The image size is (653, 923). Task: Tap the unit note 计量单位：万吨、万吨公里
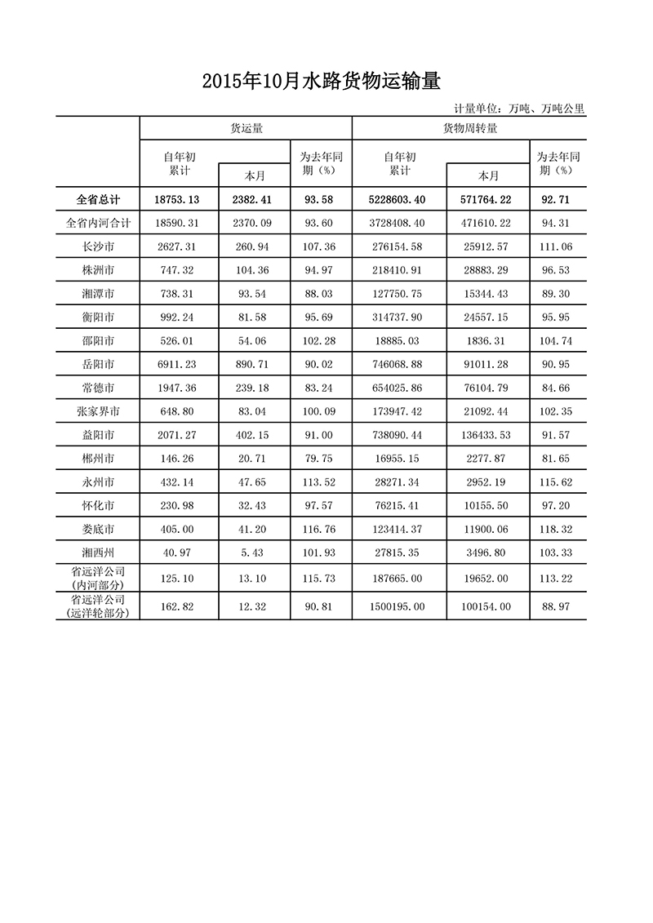[x=519, y=108]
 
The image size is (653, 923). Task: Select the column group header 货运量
[x=246, y=128]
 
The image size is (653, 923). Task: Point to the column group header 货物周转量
[x=469, y=128]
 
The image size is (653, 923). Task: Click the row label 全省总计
[x=98, y=199]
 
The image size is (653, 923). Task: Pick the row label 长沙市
[x=98, y=246]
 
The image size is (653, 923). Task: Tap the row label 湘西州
[x=98, y=553]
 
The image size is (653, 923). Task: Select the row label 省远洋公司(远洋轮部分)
[x=98, y=605]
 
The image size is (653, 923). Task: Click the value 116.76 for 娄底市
[x=321, y=530]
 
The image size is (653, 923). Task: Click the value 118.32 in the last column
[x=558, y=530]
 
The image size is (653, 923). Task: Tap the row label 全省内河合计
[x=98, y=222]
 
